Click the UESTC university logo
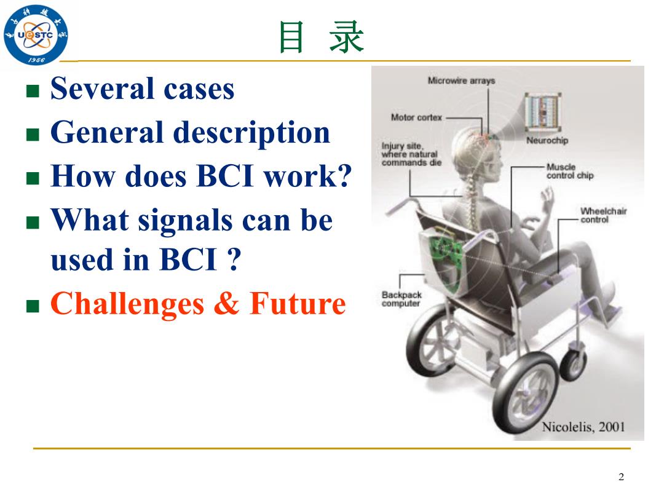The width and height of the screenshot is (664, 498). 36,34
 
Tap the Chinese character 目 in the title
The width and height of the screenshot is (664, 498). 291,38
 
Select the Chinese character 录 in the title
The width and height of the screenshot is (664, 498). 346,38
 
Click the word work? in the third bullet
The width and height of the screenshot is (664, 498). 308,175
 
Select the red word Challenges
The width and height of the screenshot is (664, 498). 127,305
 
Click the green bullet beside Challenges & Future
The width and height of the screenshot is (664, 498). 33,306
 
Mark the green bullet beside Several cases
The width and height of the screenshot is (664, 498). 33,90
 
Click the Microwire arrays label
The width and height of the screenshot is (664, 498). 461,81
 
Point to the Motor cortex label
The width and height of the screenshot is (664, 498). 416,117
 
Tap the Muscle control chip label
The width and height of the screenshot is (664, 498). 570,171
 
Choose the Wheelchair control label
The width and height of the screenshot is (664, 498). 604,215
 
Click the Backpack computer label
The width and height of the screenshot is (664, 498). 401,299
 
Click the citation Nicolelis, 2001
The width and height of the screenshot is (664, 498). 583,427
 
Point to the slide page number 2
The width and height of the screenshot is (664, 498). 621,477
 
